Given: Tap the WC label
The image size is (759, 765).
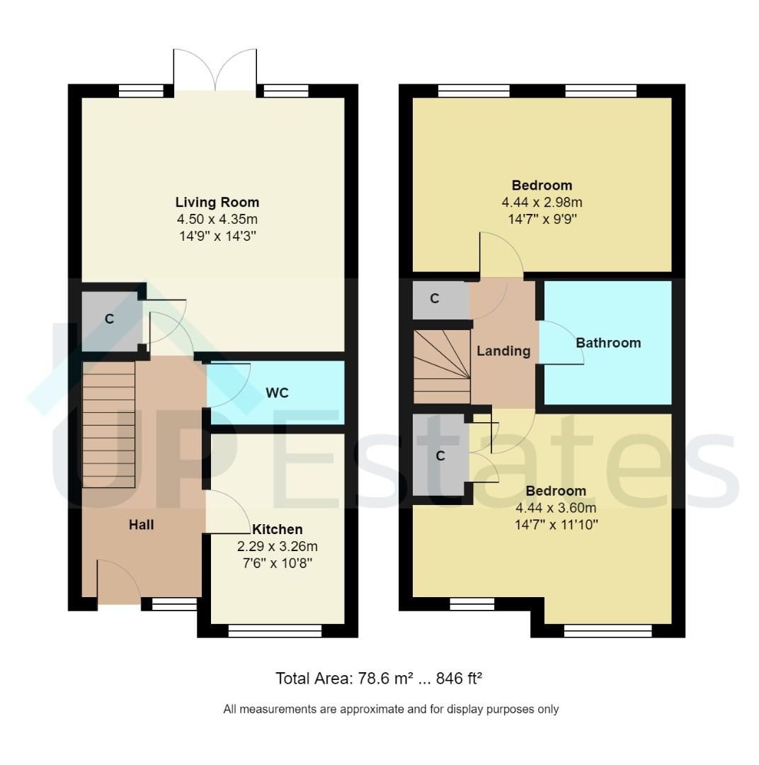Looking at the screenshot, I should (x=277, y=393).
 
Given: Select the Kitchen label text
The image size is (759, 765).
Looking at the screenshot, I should (x=278, y=529).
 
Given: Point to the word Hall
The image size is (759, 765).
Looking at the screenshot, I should (x=141, y=525).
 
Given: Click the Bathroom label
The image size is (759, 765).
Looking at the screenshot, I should (x=608, y=343).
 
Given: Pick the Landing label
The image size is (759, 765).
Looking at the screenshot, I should (x=503, y=351).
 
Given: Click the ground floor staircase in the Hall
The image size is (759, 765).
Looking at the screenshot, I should (x=108, y=424).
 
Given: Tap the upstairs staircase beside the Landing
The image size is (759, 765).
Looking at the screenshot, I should (x=442, y=366).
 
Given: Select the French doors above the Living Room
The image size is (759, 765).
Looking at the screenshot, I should (x=215, y=71).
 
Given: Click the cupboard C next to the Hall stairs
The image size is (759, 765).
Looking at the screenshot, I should (x=109, y=319).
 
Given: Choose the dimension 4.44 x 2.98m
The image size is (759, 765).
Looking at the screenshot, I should (x=542, y=203).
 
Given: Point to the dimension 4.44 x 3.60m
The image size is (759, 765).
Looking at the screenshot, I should (x=556, y=508).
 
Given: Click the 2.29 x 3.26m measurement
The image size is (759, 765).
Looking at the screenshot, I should (x=278, y=547).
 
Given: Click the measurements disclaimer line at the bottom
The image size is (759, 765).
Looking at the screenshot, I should (x=391, y=708).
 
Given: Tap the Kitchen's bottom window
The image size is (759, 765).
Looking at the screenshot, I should (x=275, y=630).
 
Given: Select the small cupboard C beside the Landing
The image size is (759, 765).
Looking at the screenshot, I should (x=435, y=299).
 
